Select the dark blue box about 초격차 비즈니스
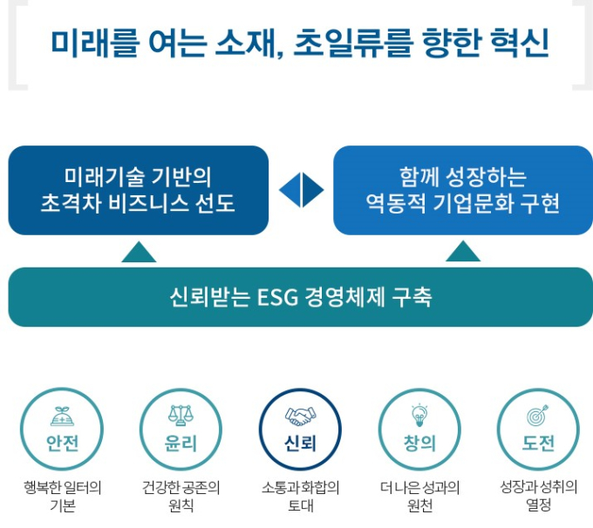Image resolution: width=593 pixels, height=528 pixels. point(139,190)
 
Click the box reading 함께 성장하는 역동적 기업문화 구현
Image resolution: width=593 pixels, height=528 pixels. point(463,190)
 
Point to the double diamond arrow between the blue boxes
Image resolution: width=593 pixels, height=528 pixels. point(302,190)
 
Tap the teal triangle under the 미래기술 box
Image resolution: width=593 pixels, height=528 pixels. point(139,252)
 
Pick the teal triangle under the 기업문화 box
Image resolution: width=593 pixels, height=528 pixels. point(463,251)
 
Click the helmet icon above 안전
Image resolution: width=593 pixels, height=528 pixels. point(63,416)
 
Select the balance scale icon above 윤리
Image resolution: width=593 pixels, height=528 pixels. point(181,416)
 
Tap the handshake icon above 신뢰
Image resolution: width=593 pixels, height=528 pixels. point(300,416)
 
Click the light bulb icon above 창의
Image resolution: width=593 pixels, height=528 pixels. point(419,416)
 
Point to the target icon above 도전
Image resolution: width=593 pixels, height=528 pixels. point(538,415)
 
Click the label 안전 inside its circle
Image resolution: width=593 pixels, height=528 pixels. point(63,443)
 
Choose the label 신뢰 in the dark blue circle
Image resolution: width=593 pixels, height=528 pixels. point(300,443)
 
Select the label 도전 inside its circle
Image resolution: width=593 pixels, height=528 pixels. point(538,443)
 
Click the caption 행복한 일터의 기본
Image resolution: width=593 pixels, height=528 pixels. point(63,496)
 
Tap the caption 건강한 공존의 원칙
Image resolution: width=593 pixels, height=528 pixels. point(181,496)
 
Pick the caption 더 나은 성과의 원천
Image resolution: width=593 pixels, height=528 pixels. point(419,496)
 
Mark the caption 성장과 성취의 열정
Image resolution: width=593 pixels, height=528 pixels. point(539,496)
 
